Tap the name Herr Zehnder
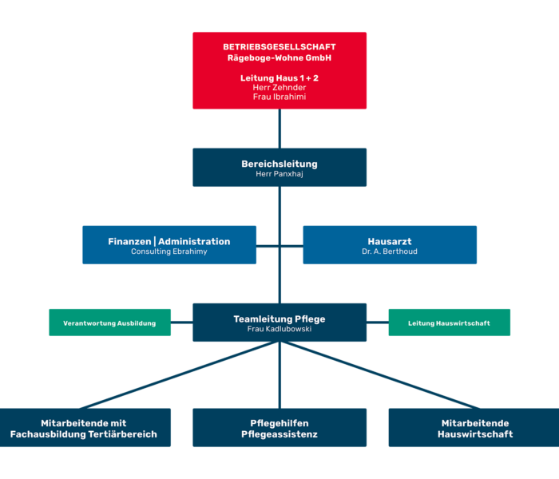(x=279, y=87)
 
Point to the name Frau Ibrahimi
(x=279, y=97)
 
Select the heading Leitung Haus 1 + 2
(x=279, y=77)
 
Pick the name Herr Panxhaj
(x=279, y=174)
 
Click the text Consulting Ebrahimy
(x=169, y=251)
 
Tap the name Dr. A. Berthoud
(x=390, y=251)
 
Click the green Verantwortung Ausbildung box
(x=109, y=323)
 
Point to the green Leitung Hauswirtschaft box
(x=450, y=323)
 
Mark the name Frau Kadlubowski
(x=279, y=329)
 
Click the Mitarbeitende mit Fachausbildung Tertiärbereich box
(x=84, y=428)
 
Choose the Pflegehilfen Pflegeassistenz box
(x=279, y=428)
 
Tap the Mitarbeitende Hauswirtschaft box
(x=475, y=428)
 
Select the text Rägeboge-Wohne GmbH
(x=279, y=57)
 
